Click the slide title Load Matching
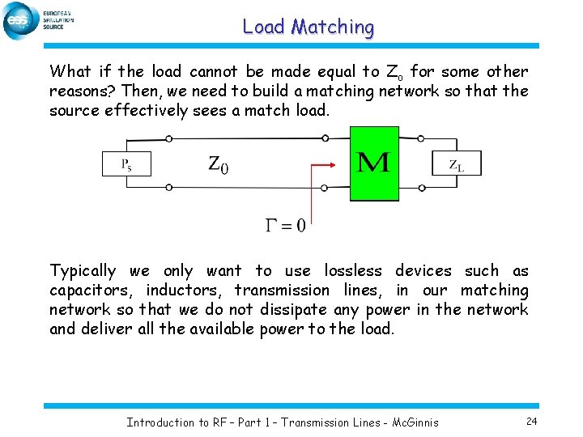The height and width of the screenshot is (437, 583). click(x=309, y=27)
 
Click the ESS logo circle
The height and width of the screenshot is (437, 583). click(x=20, y=20)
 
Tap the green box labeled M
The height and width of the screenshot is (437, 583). click(x=373, y=163)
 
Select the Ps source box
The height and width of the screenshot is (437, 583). click(x=126, y=163)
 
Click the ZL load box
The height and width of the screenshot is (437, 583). click(x=457, y=163)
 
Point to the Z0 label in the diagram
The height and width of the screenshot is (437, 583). click(x=218, y=165)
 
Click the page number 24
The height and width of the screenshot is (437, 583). click(x=531, y=421)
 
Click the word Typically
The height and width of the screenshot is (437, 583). click(x=83, y=271)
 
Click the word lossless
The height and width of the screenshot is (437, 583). click(x=355, y=271)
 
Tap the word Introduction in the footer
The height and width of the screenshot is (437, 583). click(x=161, y=422)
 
